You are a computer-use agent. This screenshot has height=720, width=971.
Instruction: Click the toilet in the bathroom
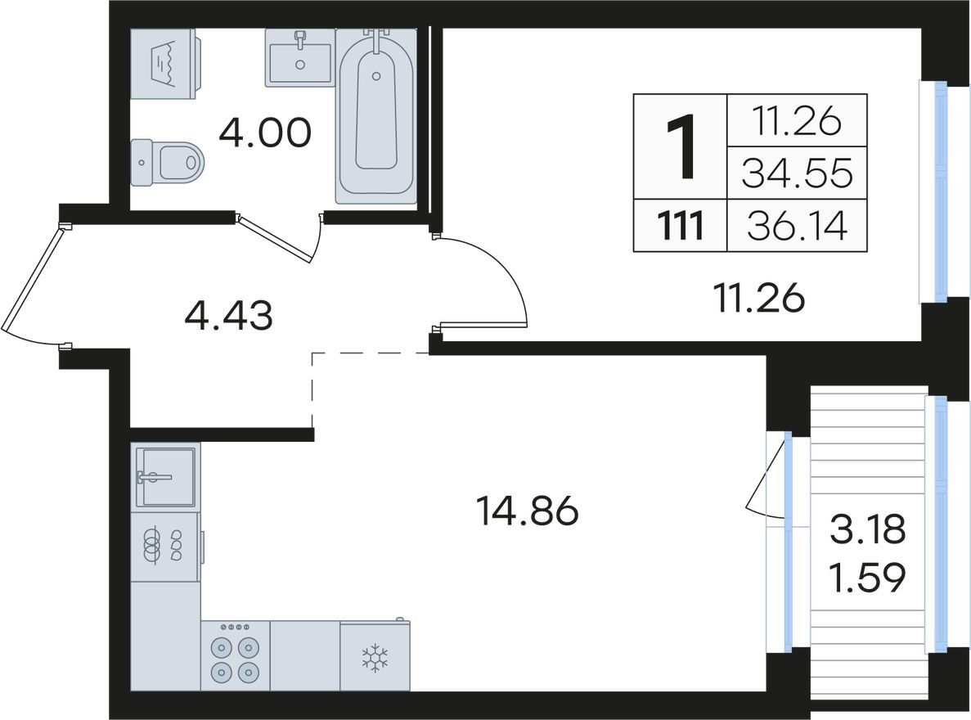[x=167, y=162]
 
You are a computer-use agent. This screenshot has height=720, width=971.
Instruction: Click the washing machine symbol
[x=164, y=63]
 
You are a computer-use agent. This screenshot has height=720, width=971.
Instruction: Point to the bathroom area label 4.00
[x=264, y=133]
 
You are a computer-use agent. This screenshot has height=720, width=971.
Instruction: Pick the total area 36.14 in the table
[x=797, y=226]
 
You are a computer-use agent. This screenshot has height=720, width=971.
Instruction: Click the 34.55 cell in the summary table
[x=797, y=173]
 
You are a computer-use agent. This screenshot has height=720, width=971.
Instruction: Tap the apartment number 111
[x=680, y=226]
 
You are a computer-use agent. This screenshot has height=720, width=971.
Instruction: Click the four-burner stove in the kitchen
[x=236, y=655]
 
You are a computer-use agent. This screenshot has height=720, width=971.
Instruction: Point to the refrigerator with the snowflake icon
[x=375, y=655]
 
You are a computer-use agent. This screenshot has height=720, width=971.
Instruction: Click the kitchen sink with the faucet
[x=165, y=476]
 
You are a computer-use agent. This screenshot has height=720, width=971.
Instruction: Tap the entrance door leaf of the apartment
[x=31, y=280]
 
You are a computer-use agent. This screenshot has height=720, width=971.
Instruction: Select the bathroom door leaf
[x=275, y=238]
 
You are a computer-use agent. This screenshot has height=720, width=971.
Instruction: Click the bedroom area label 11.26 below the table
[x=758, y=298]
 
